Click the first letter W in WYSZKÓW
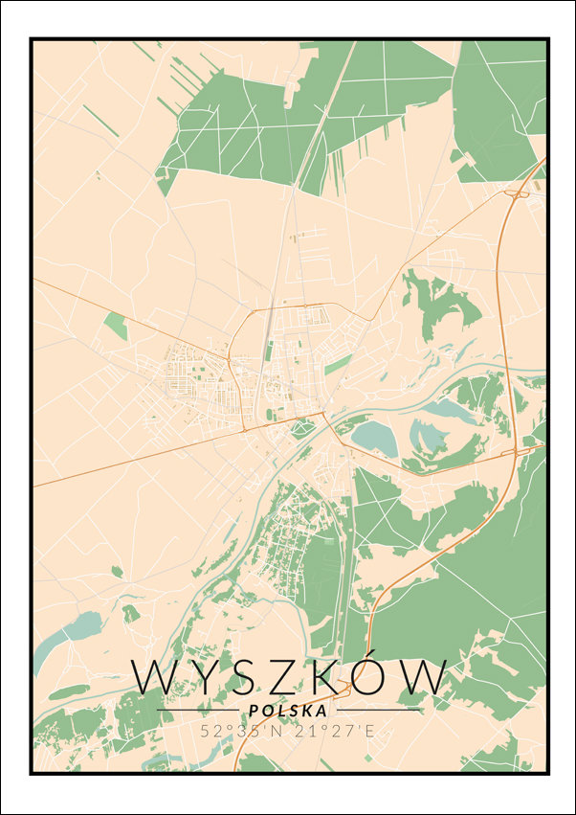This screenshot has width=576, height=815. coord(153,678)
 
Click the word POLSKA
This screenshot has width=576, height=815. coord(287,711)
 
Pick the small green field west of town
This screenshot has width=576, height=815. coord(116,326)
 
